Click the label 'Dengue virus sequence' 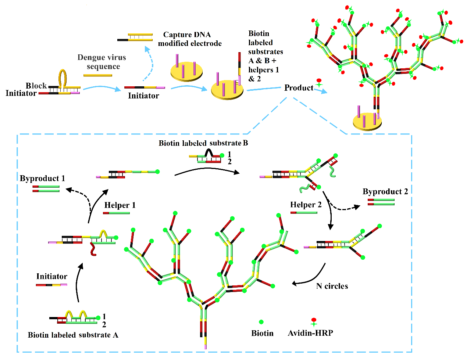(102, 62)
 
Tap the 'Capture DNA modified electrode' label (189, 39)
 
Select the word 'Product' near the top (299, 88)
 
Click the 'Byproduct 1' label (42, 179)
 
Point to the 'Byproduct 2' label (385, 191)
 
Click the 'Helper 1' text (120, 205)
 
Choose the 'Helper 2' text (306, 205)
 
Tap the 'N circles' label (332, 286)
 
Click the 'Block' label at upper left (36, 86)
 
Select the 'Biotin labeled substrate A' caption (73, 335)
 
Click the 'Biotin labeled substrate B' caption (203, 143)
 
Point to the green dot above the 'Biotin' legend (261, 322)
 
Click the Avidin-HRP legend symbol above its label (314, 322)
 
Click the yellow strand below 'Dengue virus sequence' (98, 75)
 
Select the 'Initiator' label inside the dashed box (51, 276)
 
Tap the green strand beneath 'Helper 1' (116, 213)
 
